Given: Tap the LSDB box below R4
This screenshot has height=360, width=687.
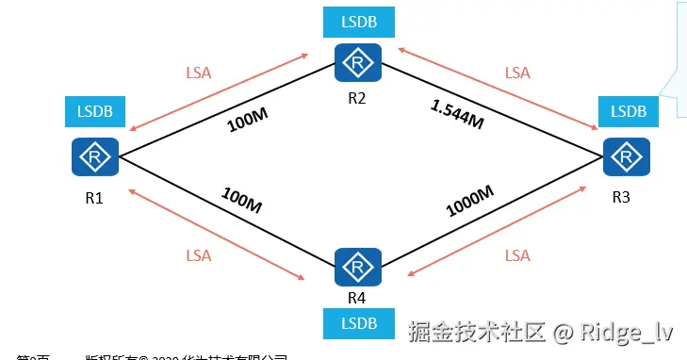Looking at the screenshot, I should tap(356, 323).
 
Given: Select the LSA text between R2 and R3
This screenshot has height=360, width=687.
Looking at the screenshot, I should tap(517, 73).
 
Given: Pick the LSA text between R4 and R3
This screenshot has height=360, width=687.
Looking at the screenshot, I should tap(517, 255).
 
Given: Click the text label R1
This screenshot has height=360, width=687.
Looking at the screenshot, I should tap(93, 199).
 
